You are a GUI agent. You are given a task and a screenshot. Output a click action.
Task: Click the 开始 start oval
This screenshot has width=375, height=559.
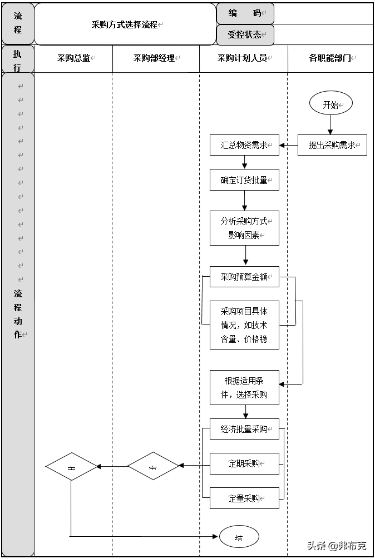331,104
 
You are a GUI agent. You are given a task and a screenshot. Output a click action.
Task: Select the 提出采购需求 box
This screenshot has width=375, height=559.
332,145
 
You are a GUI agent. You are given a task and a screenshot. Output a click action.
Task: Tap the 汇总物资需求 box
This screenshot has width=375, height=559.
244,145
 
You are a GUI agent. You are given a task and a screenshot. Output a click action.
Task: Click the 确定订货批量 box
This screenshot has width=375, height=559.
244,180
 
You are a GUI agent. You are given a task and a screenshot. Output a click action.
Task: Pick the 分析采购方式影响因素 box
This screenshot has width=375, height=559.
244,228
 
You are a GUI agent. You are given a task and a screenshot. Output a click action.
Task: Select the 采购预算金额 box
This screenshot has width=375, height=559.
244,277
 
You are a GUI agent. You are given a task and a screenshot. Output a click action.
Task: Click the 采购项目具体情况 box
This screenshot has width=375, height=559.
244,325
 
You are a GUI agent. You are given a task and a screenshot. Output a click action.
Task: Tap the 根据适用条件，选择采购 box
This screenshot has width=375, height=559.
244,388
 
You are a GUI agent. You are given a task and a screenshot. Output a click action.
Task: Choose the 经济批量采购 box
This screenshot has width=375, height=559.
244,429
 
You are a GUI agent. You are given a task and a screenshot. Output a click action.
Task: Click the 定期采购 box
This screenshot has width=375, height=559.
244,463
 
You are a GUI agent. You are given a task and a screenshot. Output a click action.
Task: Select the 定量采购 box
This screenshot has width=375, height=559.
244,498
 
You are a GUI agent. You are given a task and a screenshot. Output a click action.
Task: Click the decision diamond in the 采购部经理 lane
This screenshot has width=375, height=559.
153,466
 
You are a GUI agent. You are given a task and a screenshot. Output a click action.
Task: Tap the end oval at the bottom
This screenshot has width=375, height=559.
239,537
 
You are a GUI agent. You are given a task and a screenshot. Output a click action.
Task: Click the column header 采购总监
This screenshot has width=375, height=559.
73,58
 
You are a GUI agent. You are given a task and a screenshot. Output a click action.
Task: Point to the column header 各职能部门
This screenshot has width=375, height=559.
330,58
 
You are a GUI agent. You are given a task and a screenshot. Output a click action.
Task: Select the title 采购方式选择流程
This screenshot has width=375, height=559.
125,24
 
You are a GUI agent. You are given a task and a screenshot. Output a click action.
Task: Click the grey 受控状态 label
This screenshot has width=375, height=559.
245,34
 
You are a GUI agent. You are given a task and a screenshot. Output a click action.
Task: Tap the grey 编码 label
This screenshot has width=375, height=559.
245,13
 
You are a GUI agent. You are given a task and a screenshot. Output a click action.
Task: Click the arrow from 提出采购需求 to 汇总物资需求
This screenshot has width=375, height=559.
288,145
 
